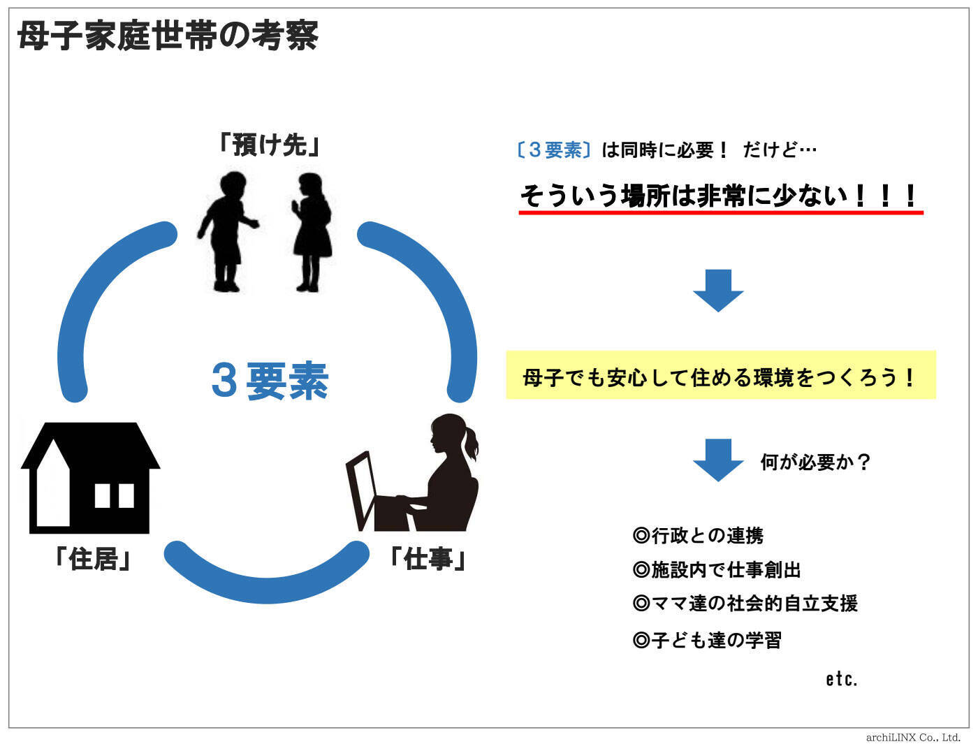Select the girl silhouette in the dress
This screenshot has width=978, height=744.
coord(309,231)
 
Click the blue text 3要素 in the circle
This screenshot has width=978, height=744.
coord(270,381)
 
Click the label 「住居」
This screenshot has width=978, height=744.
coord(94,559)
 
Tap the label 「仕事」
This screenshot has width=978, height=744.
coord(427,559)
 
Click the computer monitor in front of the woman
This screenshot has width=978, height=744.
coord(360,489)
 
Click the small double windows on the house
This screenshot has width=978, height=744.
coord(114,495)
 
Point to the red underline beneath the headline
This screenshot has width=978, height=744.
coord(720,212)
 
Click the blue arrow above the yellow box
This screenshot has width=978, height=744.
coord(717,289)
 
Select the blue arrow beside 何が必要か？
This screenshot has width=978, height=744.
coord(717,460)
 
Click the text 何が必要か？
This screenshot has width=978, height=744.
coord(815,462)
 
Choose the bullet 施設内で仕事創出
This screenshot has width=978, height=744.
coord(716,570)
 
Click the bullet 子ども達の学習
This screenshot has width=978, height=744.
coord(706,640)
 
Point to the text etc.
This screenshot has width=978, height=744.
coord(841,679)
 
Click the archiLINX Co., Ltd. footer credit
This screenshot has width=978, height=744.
coord(913,737)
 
